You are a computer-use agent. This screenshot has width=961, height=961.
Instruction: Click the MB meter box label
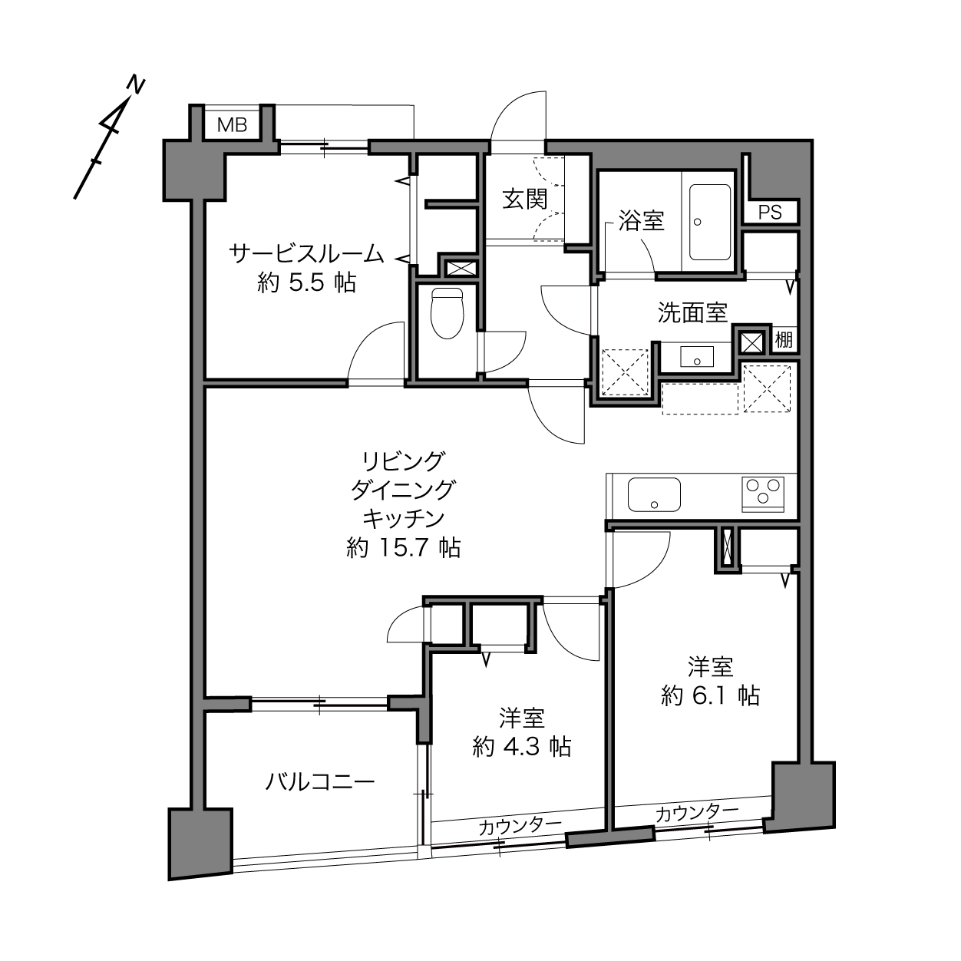pos(233,125)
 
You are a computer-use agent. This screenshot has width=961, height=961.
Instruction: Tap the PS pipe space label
pos(770,213)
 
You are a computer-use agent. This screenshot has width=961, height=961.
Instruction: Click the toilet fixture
pos(447,313)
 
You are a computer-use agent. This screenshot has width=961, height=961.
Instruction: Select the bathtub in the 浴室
pos(710,222)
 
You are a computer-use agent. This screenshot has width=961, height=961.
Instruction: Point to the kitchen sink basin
pos(654,494)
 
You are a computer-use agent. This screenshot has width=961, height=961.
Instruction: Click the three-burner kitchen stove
pos(763,494)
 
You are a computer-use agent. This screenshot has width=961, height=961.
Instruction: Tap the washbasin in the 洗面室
pos(697,357)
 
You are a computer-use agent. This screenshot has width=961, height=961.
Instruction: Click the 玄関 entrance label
pos(524,199)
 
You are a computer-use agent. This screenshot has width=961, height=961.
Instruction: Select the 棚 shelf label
pos(784,340)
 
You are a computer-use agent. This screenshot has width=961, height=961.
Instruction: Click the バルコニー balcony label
pos(319,781)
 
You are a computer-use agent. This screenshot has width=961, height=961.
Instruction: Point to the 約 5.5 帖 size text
pos(306,284)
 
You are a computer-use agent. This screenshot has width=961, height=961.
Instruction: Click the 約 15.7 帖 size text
pos(403,548)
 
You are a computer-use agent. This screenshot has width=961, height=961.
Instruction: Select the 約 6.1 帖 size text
pos(710,695)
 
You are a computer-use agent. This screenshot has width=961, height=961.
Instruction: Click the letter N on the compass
pos(136,85)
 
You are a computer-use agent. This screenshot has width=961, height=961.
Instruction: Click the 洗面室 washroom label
pos(692,312)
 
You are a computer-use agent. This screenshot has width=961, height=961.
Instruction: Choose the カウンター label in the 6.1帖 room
pos(697,814)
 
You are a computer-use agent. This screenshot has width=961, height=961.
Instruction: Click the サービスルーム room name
pos(306,253)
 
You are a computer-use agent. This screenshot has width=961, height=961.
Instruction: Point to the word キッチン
pos(403,519)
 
